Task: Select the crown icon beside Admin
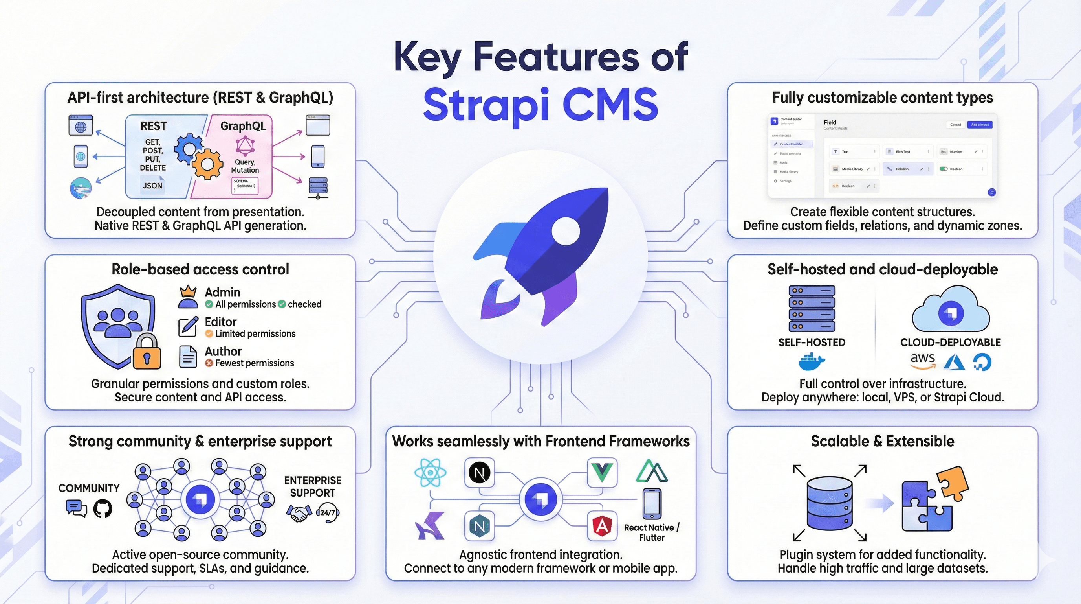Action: coord(188,291)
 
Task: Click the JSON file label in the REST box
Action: coord(152,185)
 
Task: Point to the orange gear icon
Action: coord(207,164)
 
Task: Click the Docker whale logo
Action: coord(811,362)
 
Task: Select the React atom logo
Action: coord(430,473)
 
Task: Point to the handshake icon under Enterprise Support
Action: coord(299,513)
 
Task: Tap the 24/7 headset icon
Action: coord(328,513)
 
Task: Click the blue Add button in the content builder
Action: coord(980,125)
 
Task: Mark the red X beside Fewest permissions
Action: coord(209,363)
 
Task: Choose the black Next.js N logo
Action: coord(479,473)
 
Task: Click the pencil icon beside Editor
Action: coord(188,327)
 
